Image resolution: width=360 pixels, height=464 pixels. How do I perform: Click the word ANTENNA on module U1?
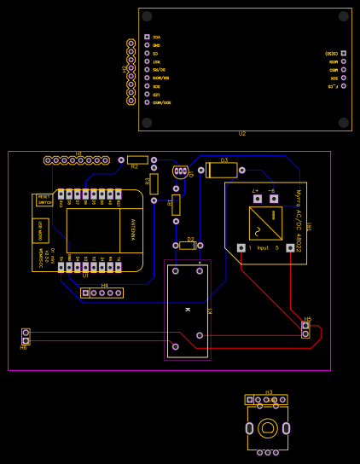click(132, 229)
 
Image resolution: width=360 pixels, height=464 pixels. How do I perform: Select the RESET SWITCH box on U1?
click(44, 200)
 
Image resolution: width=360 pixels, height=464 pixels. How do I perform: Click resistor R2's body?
click(137, 159)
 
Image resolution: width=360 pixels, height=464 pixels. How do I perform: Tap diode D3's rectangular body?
click(223, 171)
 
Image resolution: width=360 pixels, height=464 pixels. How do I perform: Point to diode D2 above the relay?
click(188, 246)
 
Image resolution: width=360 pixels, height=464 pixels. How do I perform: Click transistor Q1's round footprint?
click(180, 172)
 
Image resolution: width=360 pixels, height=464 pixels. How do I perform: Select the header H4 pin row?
click(102, 293)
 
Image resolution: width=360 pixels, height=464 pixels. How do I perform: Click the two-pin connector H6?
click(26, 336)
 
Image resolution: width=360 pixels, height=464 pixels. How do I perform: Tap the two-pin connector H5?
click(305, 329)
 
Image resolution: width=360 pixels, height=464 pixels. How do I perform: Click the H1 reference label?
click(78, 154)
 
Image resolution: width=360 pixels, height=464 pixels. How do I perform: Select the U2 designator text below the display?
click(242, 134)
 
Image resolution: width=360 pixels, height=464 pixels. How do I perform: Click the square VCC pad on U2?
click(147, 37)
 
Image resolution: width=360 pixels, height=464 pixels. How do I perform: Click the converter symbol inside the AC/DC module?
click(265, 223)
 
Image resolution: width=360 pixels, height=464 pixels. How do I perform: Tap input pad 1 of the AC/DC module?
click(241, 247)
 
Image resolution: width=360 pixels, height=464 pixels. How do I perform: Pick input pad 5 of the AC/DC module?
click(290, 247)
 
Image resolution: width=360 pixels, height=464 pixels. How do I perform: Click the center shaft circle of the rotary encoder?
click(267, 428)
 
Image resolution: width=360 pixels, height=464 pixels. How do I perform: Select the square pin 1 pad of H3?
click(250, 399)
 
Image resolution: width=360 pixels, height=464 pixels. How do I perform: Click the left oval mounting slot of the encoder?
click(249, 428)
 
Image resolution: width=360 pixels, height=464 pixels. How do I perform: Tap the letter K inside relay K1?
click(187, 309)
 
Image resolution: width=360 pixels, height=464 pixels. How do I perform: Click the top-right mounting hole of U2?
click(344, 16)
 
